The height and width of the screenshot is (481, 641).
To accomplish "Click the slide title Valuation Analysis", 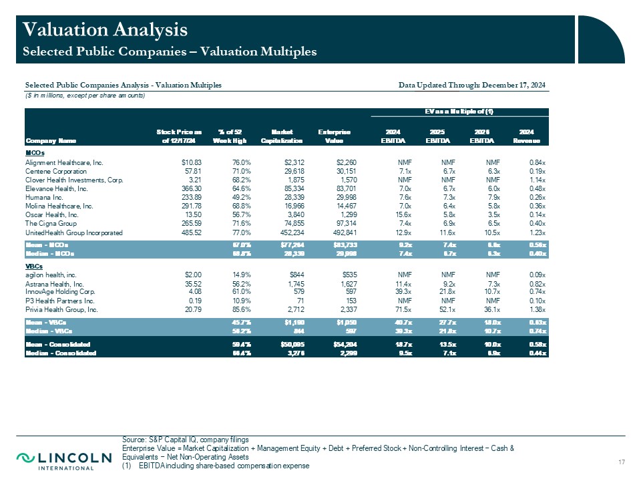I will coord(105,29).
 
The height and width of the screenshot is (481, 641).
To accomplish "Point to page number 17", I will coord(622,462).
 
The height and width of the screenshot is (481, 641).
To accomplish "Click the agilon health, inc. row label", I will coord(51,275).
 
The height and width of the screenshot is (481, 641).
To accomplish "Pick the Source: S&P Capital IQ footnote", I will coord(186,440).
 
